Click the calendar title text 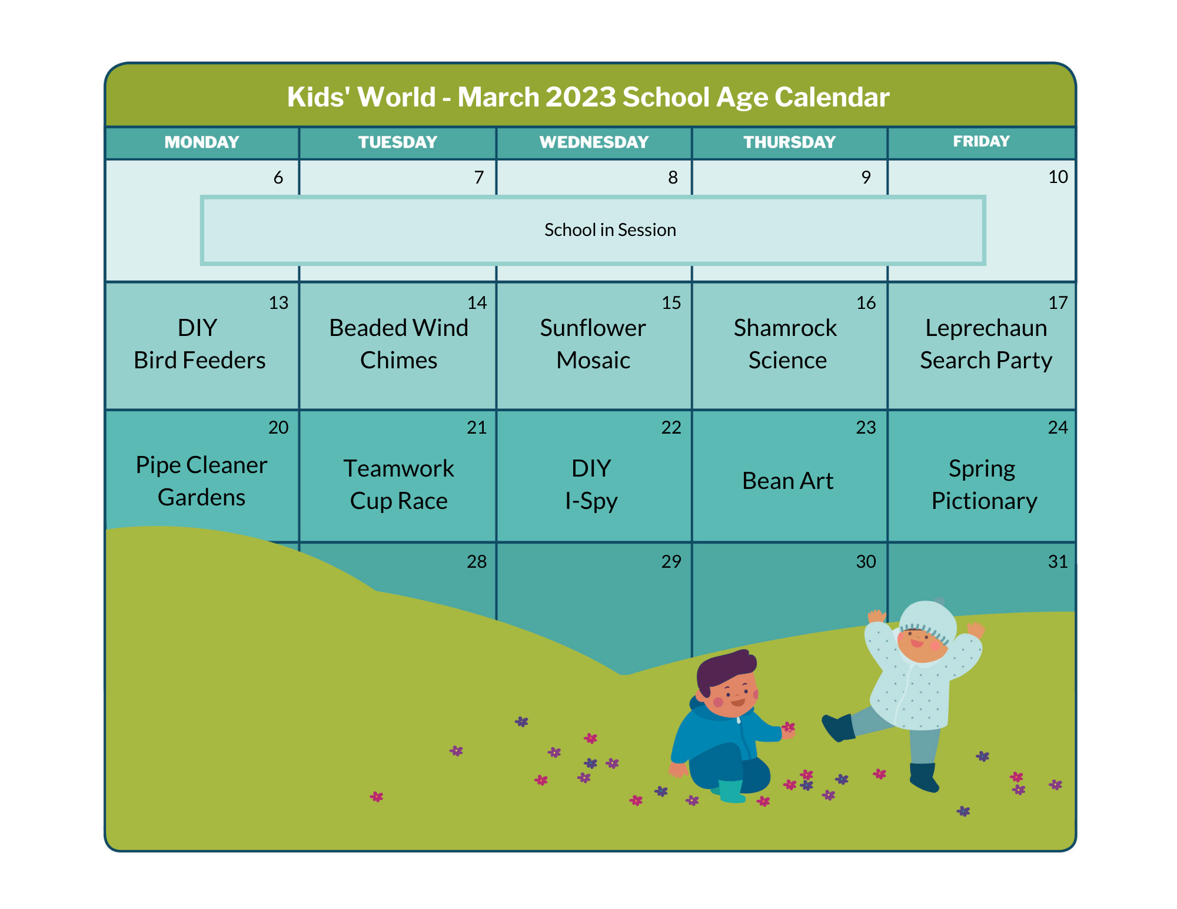tap(588, 97)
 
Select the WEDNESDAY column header tap(594, 142)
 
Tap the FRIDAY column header tap(981, 141)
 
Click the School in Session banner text tap(610, 229)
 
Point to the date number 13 tap(278, 303)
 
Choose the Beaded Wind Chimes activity tap(398, 344)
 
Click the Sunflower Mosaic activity tap(593, 344)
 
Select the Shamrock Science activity tap(786, 344)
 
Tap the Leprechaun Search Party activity tap(986, 344)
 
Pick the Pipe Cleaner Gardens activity tap(201, 481)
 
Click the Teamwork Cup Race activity tap(398, 485)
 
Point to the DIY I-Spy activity tap(591, 485)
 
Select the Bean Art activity tap(787, 481)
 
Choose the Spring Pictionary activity tap(984, 485)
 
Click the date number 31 tap(1058, 562)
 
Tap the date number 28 tap(477, 562)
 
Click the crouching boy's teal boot tap(732, 791)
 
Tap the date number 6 tap(278, 178)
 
